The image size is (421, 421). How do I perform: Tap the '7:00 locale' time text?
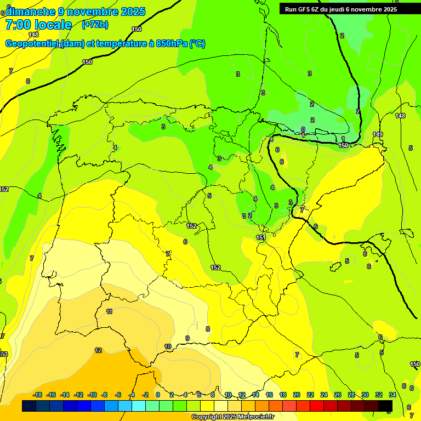pos(38,25)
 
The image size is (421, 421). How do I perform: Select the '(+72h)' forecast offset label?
pos(95,24)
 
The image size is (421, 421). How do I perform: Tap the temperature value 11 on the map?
pos(110,311)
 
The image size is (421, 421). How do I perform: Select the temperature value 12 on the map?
pos(98,350)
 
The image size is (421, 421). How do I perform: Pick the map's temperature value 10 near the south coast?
pos(168,346)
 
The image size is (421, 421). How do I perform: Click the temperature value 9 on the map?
pos(187,338)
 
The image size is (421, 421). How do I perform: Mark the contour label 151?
pos(261,237)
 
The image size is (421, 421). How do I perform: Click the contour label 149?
pos(378,134)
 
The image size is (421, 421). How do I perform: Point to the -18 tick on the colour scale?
pos(37,395)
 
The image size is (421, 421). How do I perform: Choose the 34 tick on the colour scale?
pos(392,395)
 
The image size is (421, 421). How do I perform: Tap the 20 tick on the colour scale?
pos(297,395)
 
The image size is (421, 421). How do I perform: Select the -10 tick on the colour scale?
pos(92,395)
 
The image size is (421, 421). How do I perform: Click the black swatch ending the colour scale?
pos(385,406)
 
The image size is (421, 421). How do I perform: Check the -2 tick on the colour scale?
pos(145,395)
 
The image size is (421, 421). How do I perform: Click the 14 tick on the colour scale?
pos(255,395)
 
